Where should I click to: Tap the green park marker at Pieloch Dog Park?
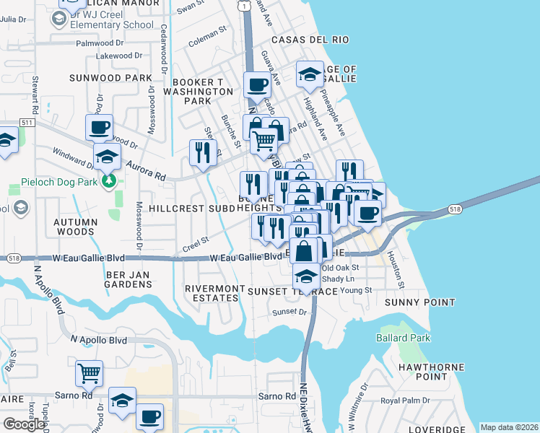(x=109, y=180)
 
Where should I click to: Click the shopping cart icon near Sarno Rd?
(x=89, y=373)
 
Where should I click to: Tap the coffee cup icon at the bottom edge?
(x=149, y=416)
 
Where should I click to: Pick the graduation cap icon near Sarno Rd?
(x=122, y=400)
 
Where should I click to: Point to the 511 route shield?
(x=28, y=123)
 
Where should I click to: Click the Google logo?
(x=24, y=424)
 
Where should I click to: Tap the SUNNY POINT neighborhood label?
(x=419, y=302)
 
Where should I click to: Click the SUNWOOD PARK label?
(x=110, y=77)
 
